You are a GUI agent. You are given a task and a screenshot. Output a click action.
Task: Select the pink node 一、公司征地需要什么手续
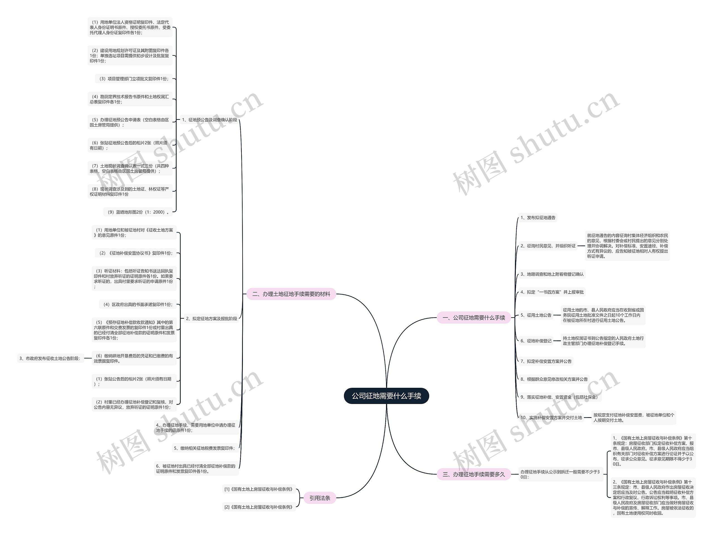point(473,318)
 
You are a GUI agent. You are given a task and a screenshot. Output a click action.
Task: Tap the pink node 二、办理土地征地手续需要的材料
point(291,294)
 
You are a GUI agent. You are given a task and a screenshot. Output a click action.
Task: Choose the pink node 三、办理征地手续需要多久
point(473,474)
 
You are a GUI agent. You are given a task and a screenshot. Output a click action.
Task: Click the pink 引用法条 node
point(319,498)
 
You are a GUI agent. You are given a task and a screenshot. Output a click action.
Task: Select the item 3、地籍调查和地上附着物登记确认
point(551,274)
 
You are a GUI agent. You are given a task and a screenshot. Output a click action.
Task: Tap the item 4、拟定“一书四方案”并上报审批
point(551,292)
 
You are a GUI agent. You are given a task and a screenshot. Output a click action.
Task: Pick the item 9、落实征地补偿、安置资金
point(559,397)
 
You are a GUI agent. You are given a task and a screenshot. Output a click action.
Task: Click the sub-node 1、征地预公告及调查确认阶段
point(209,120)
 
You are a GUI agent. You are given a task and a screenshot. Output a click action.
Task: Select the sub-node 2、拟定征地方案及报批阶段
point(211,318)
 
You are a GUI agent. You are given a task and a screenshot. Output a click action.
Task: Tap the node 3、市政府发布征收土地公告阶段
point(50,358)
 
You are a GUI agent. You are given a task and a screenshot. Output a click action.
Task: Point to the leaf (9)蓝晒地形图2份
point(138,212)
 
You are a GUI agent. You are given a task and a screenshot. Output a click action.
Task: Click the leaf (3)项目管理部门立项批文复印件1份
point(133,79)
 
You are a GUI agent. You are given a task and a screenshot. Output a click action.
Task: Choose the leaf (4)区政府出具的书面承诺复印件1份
point(138,304)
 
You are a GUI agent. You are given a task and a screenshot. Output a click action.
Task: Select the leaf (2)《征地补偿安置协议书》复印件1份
point(136,253)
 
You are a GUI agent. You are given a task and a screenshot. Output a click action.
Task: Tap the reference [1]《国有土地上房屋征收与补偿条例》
point(259,489)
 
